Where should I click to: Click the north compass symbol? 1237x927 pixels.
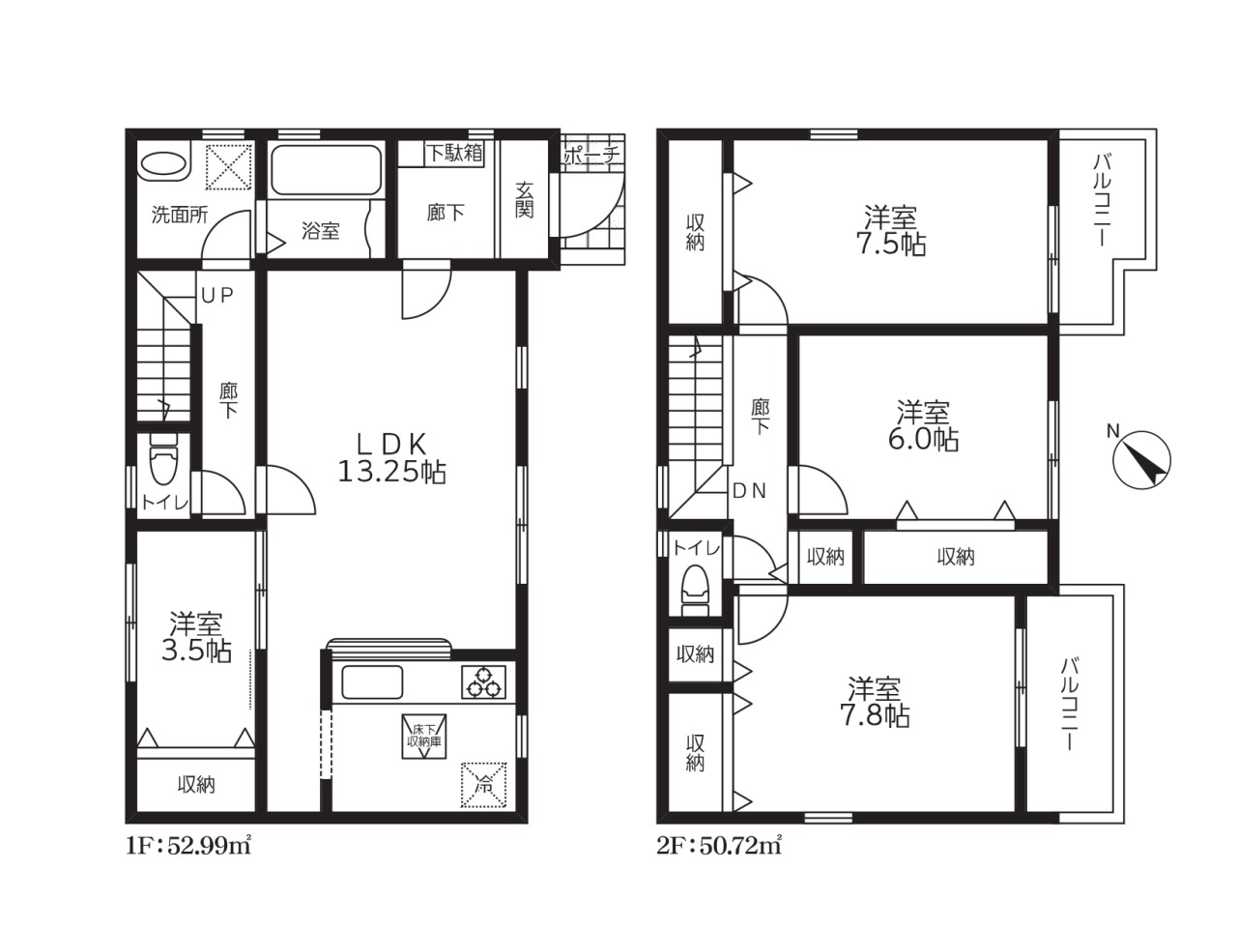[1140, 459]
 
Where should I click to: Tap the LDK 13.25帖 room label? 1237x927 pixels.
[391, 458]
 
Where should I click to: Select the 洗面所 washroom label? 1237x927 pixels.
[180, 215]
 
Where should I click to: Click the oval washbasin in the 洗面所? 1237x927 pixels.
[163, 164]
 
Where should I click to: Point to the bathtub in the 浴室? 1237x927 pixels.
[327, 169]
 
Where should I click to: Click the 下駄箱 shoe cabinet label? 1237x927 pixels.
[453, 153]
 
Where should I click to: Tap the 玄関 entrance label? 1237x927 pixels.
[524, 200]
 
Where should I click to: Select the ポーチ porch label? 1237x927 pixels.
[591, 154]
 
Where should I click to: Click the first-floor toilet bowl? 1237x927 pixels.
[163, 459]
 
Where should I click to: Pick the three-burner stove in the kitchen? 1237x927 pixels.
[483, 681]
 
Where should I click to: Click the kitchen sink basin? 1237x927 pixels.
[372, 682]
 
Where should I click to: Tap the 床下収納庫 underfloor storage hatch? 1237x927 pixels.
[424, 737]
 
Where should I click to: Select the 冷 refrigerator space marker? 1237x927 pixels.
[483, 785]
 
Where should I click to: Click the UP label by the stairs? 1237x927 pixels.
[217, 296]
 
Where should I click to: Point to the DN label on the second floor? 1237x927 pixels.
[749, 491]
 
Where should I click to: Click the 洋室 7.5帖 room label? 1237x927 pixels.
[891, 230]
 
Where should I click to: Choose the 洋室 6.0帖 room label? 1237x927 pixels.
[923, 425]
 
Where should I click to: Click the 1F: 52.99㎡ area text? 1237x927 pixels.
[188, 846]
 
